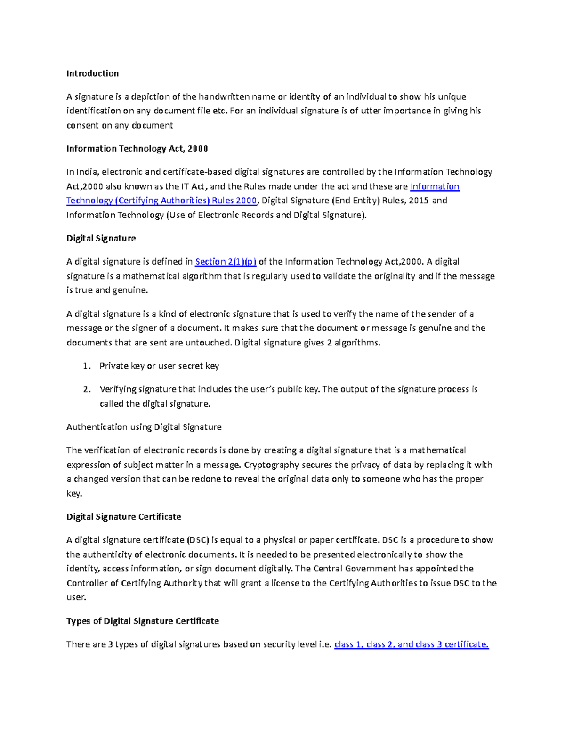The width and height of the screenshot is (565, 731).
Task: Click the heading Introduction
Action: point(92,73)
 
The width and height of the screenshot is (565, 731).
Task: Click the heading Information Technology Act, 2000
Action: point(137,149)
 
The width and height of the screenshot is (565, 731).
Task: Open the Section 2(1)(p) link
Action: point(226,262)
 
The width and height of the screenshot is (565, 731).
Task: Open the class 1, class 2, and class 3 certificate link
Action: point(411,644)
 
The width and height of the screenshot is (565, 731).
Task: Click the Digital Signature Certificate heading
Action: point(123,517)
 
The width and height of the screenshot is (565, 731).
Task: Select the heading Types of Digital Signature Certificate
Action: point(142,621)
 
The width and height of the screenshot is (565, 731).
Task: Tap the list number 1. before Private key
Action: point(86,366)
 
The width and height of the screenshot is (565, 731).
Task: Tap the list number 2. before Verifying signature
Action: point(86,389)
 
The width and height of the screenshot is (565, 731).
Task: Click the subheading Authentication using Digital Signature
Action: point(144,427)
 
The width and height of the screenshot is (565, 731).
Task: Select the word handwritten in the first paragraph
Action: point(224,97)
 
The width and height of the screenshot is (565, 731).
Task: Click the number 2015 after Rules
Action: point(419,201)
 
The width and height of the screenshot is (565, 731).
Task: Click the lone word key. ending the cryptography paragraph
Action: point(74,494)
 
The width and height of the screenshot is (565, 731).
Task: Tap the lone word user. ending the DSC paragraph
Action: point(76,598)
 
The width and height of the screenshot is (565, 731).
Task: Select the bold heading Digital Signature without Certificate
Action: point(101,239)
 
